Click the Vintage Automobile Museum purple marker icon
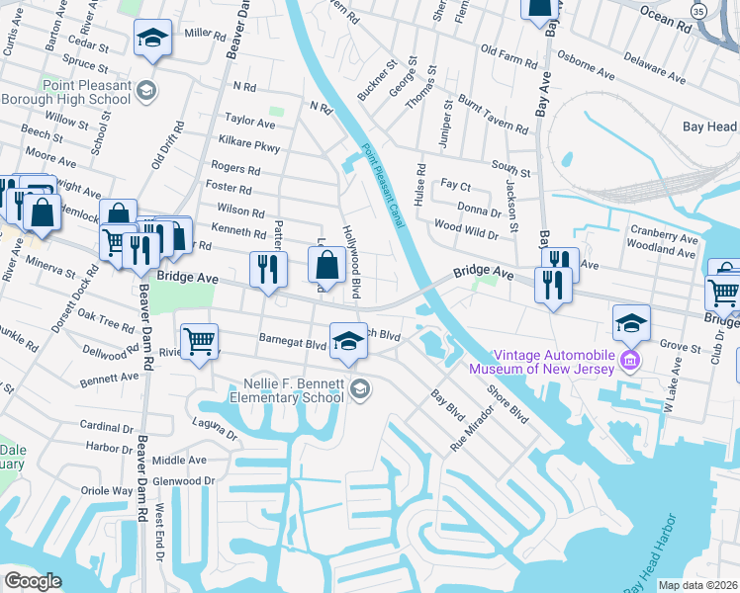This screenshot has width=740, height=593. click(x=628, y=362)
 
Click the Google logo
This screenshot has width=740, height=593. click(x=32, y=581)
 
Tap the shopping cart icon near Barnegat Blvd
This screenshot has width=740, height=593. click(x=200, y=342)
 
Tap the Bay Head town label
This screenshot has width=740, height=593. click(x=709, y=127)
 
